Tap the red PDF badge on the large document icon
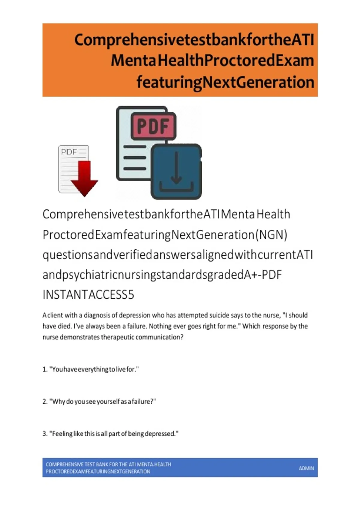[x=154, y=126]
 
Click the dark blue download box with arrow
[x=176, y=171]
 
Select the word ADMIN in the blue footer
[x=306, y=468]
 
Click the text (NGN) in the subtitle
[x=271, y=235]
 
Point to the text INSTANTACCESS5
[x=88, y=295]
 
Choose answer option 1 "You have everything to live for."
[x=91, y=369]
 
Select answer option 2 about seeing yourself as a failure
[x=99, y=401]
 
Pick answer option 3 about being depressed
[x=110, y=434]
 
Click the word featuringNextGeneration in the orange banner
[x=225, y=82]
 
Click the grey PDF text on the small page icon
[x=69, y=151]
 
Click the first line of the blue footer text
[x=108, y=464]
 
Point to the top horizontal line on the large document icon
[x=135, y=147]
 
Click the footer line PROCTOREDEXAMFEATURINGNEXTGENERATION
[x=98, y=472]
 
